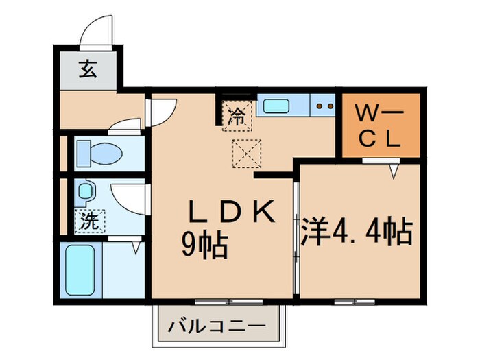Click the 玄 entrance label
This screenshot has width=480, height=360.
click(88, 69)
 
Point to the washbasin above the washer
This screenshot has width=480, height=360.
click(86, 193)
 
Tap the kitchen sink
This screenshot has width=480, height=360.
click(277, 106)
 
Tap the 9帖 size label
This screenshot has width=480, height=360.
click(204, 245)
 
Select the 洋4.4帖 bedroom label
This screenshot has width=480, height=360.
click(357, 232)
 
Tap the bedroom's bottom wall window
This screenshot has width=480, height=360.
click(354, 301)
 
